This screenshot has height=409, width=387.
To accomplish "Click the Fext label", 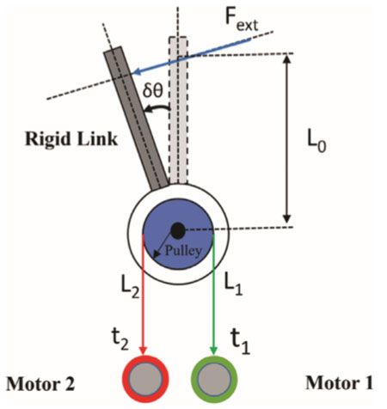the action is (x=242, y=21).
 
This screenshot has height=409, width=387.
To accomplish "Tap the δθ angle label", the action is (x=153, y=90).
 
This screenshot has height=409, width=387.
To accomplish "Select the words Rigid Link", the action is (x=71, y=139).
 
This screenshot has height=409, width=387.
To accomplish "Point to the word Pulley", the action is (x=183, y=251).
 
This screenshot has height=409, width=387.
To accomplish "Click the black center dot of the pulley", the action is (x=178, y=230).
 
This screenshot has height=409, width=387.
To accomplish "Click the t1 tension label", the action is (x=240, y=343).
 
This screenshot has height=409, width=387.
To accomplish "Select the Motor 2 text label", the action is (x=40, y=384).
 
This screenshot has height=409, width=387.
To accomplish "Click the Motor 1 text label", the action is (x=340, y=383).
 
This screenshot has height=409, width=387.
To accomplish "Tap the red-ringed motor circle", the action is (x=145, y=379).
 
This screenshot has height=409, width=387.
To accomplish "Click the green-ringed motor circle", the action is (x=214, y=379).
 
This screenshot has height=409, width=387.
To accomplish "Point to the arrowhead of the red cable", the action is (x=143, y=351).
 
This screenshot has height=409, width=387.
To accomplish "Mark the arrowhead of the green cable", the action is (x=213, y=351).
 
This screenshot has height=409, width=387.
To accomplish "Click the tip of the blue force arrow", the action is (x=133, y=73).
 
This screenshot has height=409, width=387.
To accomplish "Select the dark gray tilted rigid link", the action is (x=136, y=119).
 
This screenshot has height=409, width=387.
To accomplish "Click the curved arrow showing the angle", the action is (x=157, y=107).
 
